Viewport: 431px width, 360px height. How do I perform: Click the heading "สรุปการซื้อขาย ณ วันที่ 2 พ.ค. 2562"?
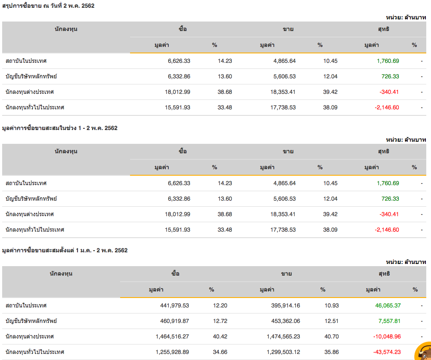[x=48, y=6]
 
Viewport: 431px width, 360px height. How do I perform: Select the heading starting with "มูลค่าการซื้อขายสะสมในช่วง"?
[x=60, y=128]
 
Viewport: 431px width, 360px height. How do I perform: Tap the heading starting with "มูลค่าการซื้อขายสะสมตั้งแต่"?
[x=65, y=250]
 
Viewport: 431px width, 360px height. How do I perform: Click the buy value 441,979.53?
[x=172, y=305]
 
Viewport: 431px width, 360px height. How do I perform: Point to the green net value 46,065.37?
[x=388, y=305]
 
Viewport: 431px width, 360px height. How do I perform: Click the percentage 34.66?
[x=220, y=352]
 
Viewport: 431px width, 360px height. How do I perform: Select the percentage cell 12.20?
[x=220, y=305]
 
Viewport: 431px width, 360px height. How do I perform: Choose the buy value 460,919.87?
[x=172, y=321]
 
